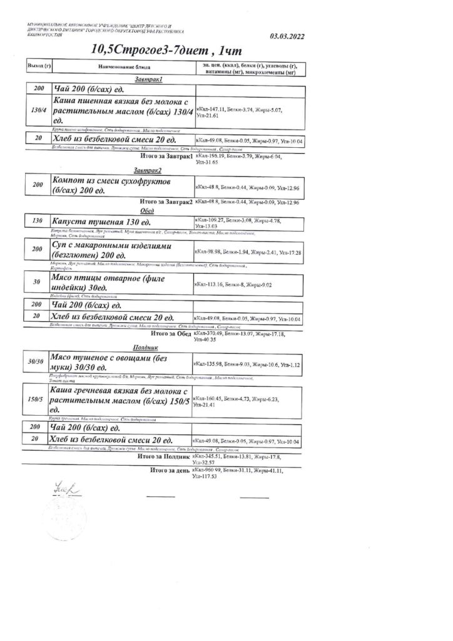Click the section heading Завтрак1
(x=148, y=80)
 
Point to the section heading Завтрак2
(x=148, y=170)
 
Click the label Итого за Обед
(x=167, y=334)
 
